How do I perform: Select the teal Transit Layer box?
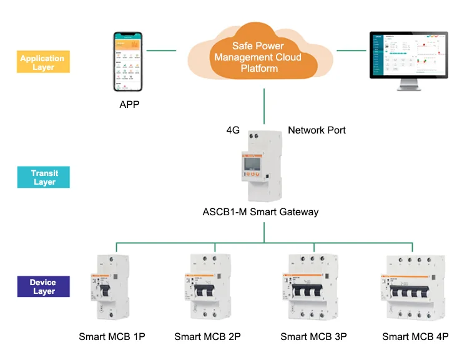coord(42,178)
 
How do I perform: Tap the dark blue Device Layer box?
coord(42,287)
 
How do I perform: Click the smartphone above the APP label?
coord(129,62)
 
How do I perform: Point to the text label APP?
coord(129,104)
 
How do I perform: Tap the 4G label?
coord(233,130)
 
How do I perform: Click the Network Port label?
coord(317,130)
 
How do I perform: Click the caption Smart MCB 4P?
coord(415,337)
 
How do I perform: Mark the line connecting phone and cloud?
coord(162,50)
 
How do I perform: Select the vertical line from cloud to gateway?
coord(265,106)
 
